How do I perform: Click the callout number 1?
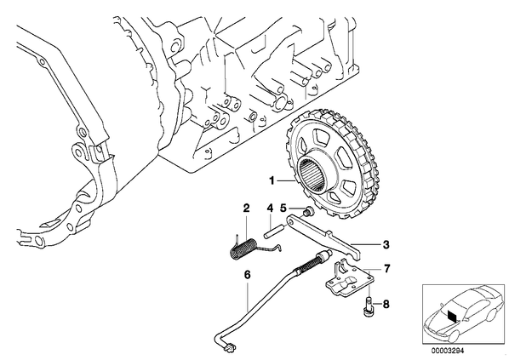click(x=272, y=180)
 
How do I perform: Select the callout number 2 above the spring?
click(x=246, y=208)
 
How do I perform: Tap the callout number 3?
click(x=386, y=244)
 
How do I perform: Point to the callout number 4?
click(x=270, y=208)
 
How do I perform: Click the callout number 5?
click(x=283, y=208)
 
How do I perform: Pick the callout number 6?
click(x=247, y=275)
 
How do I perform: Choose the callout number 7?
click(x=386, y=269)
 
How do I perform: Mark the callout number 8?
click(x=386, y=304)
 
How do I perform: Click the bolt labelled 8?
click(x=367, y=306)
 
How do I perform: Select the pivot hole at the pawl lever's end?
click(x=290, y=221)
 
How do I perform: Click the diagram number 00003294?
click(x=448, y=351)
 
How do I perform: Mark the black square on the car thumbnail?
click(x=452, y=315)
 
